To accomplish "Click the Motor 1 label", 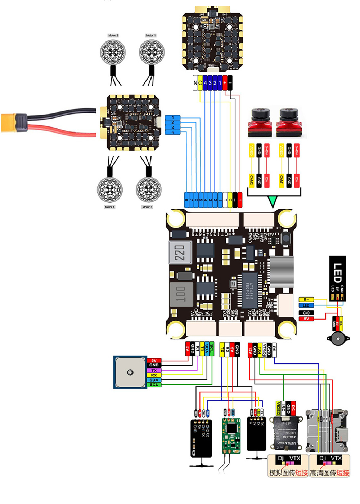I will click(150, 35).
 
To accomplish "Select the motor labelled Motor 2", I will click(113, 53).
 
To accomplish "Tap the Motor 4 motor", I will click(110, 189).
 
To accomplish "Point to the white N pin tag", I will click(195, 83).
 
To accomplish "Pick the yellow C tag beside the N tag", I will click(200, 83).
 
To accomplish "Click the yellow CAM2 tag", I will click(251, 179).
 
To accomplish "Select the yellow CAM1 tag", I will click(281, 179).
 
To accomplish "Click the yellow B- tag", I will click(306, 299).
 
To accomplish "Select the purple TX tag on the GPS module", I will click(154, 370).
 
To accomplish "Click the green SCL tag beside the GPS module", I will click(154, 385).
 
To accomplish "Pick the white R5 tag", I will click(274, 349).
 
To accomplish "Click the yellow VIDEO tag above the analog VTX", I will click(278, 408).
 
